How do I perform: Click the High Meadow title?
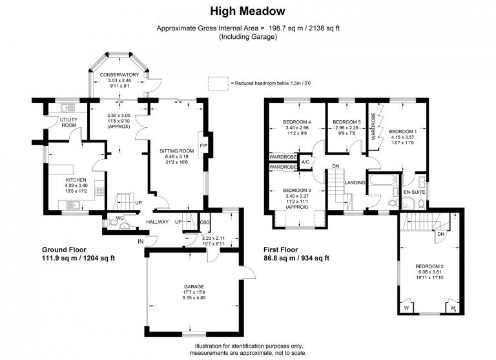tap(247, 11)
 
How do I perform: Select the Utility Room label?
tap(68, 123)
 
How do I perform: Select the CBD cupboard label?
tap(205, 222)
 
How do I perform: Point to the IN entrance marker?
tap(141, 242)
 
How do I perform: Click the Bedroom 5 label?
tap(346, 122)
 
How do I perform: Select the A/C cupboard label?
tap(305, 162)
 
